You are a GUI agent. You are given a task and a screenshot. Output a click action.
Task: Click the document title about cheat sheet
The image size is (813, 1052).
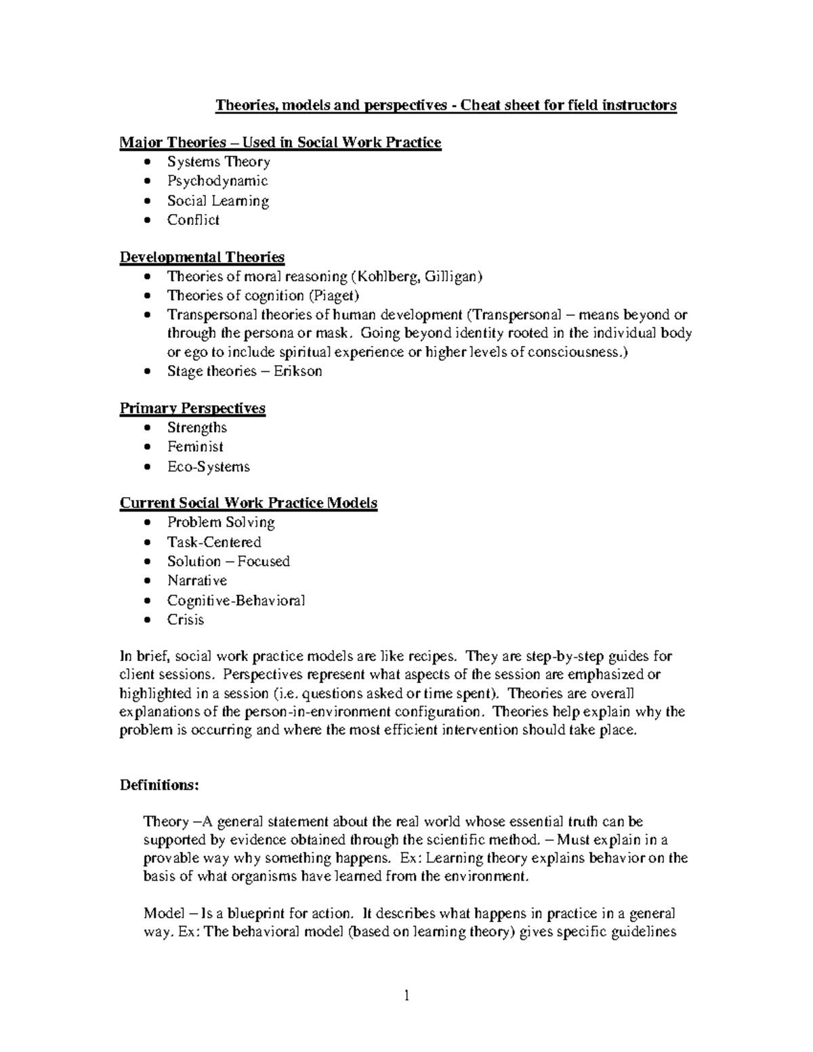point(446,106)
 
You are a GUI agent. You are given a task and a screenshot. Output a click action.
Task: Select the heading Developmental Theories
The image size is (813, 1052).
point(202,257)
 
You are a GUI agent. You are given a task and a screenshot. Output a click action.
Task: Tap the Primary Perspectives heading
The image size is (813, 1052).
point(192,408)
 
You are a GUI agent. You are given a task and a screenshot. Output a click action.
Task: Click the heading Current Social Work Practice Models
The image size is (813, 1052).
point(249,503)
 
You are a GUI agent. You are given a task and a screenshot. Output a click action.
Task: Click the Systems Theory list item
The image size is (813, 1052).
point(218,162)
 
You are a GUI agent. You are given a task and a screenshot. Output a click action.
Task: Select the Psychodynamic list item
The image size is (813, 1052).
point(217,181)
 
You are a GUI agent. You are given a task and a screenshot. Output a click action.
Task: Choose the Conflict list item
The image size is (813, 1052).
point(193,219)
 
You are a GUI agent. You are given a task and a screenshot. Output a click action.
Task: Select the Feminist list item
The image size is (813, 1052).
point(195,446)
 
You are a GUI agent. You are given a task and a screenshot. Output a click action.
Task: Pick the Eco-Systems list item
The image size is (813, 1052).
point(208,467)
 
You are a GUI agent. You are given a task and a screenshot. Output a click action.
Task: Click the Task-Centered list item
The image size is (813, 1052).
point(214,542)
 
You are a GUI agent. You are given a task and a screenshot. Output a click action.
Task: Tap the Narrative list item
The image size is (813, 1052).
point(197,581)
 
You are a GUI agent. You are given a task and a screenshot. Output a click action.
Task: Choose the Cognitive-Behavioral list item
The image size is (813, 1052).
point(236,600)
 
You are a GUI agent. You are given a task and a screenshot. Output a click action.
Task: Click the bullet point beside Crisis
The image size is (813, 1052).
point(148,620)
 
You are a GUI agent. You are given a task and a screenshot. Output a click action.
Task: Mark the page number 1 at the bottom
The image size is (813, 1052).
point(406,996)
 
